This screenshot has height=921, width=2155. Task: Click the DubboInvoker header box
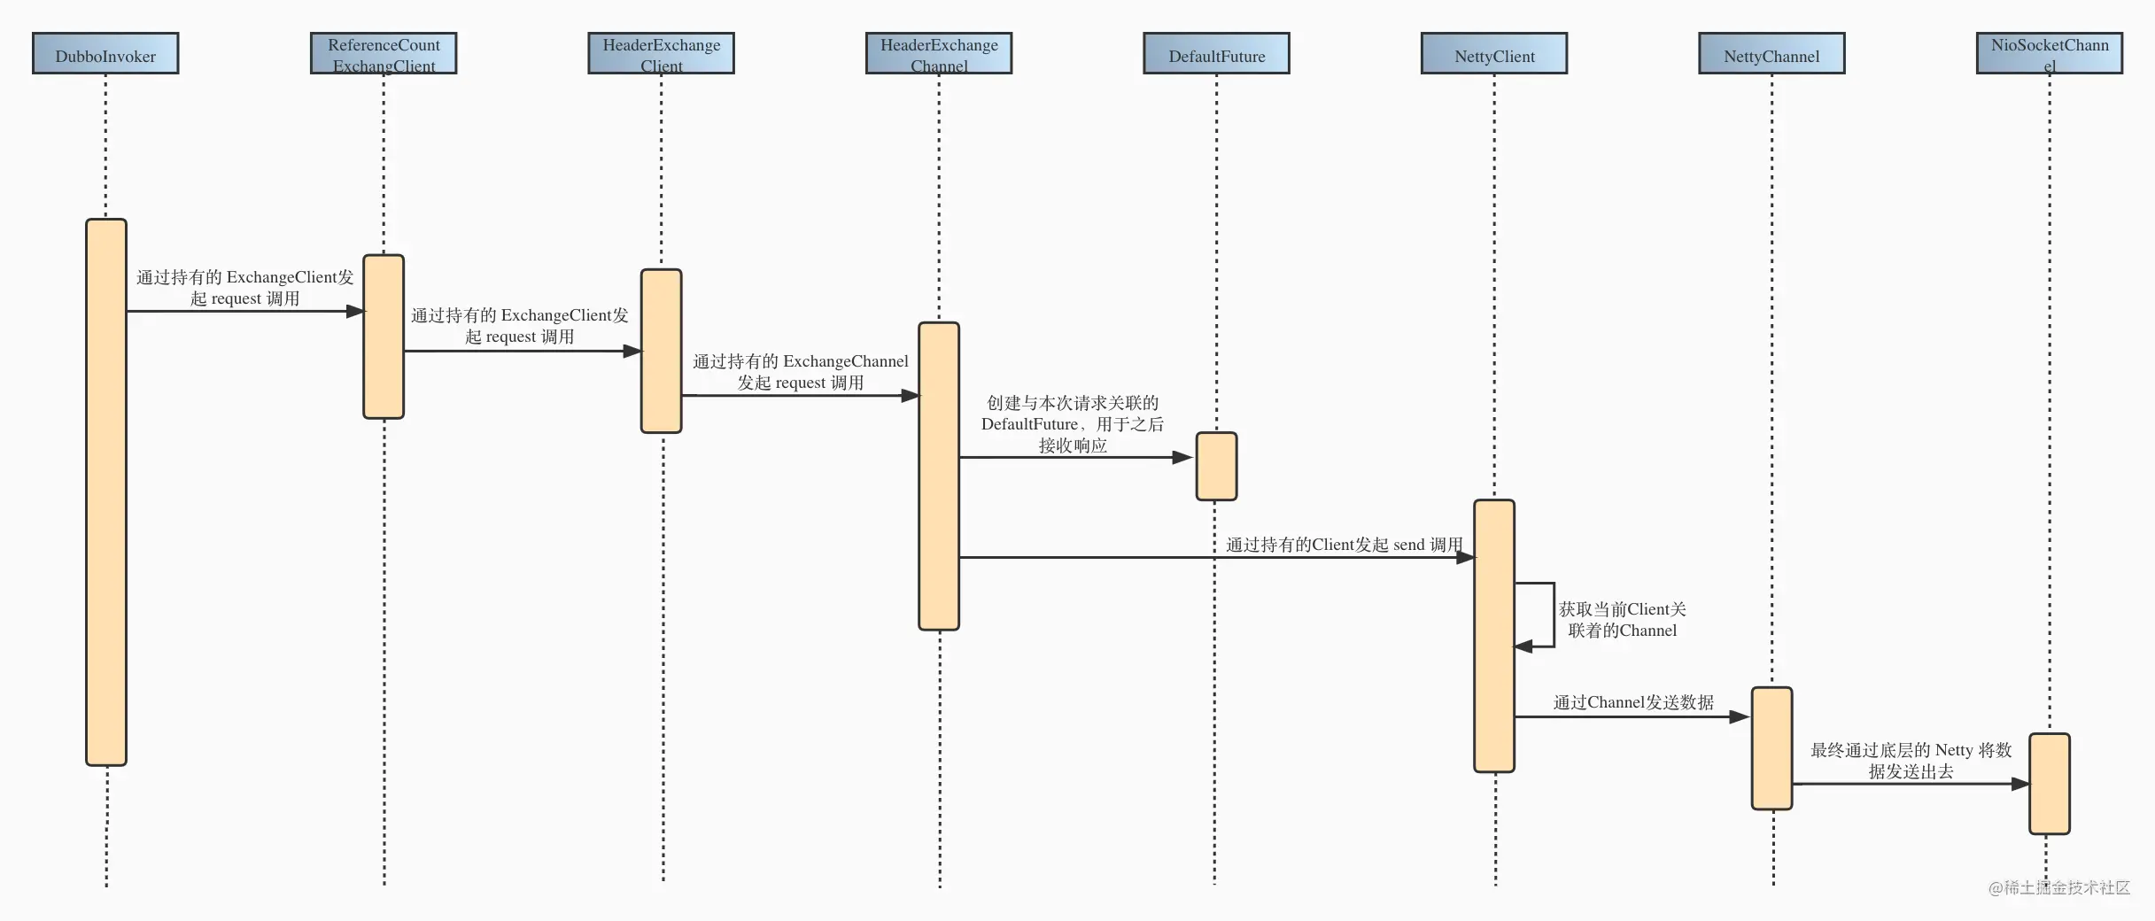point(105,53)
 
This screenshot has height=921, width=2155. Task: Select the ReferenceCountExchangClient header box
point(384,53)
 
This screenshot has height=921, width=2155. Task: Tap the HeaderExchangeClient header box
point(662,53)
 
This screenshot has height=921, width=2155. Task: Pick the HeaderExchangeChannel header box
point(939,53)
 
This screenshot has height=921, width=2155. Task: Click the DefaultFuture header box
point(1217,53)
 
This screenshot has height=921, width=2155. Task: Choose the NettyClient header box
point(1494,53)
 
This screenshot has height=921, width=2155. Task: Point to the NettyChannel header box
point(1771,53)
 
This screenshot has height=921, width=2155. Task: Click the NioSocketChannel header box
point(2050,53)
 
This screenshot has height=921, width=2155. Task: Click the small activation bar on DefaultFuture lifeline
point(1217,467)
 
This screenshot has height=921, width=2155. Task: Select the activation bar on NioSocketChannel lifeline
point(2050,784)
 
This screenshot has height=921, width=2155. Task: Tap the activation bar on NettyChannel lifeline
point(1771,748)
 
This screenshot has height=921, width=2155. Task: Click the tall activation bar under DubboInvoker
point(106,492)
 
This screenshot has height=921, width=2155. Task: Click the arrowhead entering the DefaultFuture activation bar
point(1182,458)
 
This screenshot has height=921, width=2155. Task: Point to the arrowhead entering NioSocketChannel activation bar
point(2019,784)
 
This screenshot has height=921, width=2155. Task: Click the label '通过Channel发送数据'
point(1633,702)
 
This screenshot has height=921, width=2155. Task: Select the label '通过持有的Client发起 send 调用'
point(1345,545)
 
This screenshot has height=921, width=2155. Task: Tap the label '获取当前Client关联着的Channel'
point(1623,620)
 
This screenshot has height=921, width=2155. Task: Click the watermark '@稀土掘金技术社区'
point(2059,887)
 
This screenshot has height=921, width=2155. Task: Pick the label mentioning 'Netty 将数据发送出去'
point(1911,761)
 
